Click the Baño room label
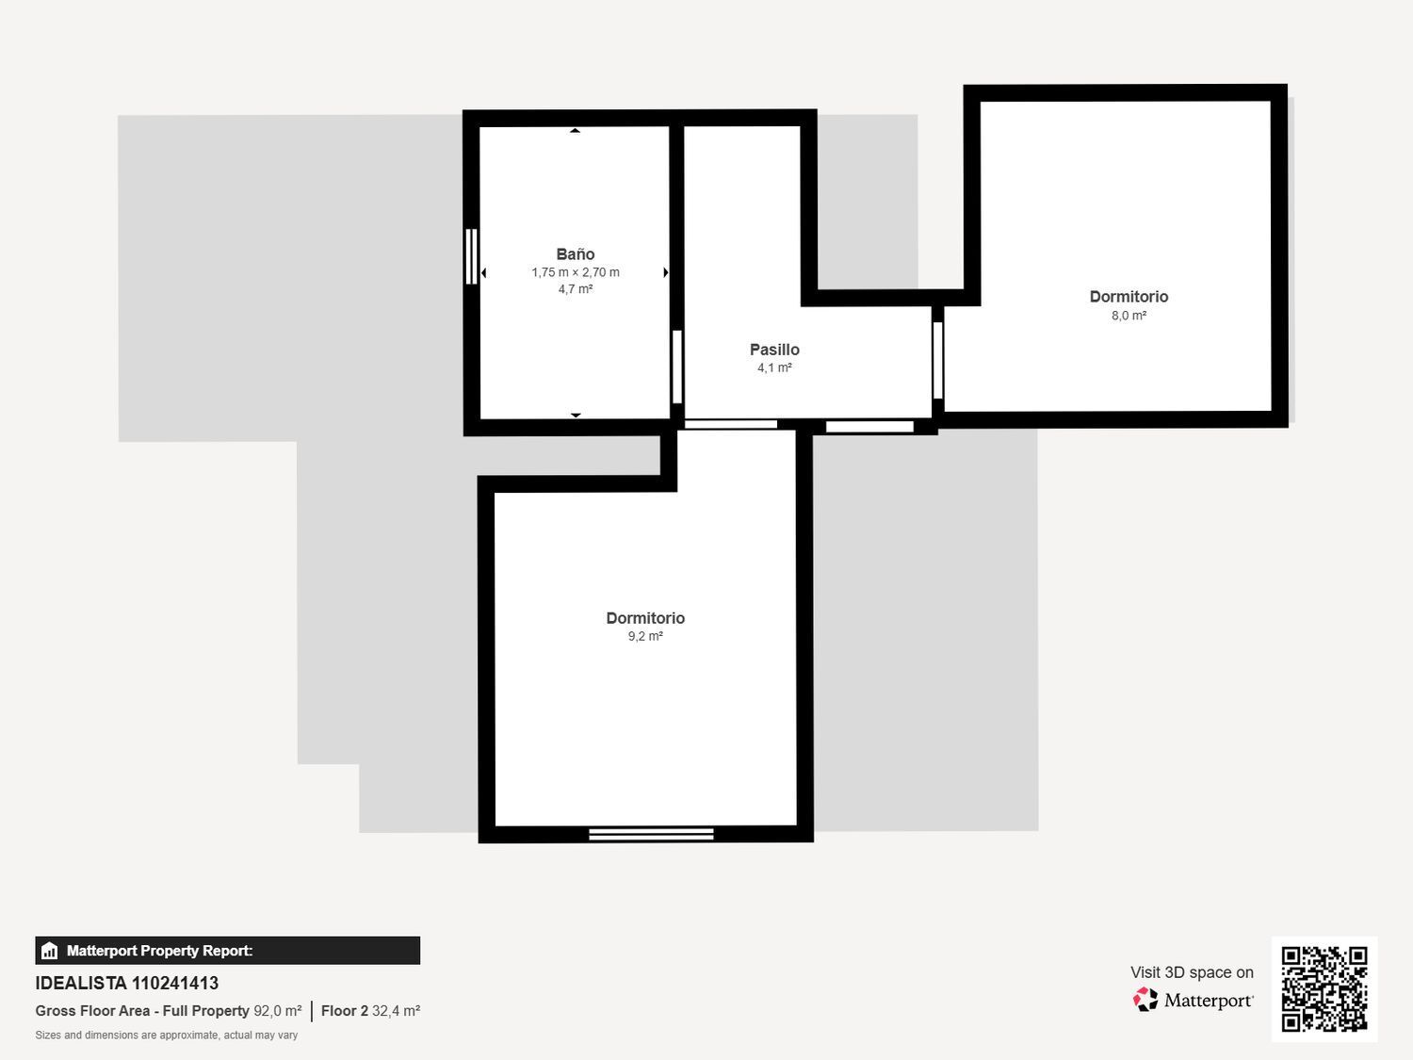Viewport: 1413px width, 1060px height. pyautogui.click(x=575, y=254)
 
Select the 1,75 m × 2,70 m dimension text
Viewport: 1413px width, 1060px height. pyautogui.click(x=575, y=272)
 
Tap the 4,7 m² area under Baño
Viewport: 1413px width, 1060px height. pyautogui.click(x=575, y=289)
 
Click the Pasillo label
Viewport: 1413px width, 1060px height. pyautogui.click(x=774, y=350)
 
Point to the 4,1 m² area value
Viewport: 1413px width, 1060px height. pyautogui.click(x=774, y=367)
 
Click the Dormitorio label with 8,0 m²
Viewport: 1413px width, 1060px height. pyautogui.click(x=1129, y=297)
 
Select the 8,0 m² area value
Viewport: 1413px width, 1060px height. pyautogui.click(x=1129, y=316)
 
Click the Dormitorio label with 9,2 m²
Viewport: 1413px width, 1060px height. pyautogui.click(x=645, y=618)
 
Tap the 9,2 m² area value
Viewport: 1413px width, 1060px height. pyautogui.click(x=645, y=636)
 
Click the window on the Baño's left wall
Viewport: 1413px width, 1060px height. pyautogui.click(x=472, y=256)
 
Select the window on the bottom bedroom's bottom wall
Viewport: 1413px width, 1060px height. pyautogui.click(x=651, y=834)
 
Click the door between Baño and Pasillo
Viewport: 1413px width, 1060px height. pyautogui.click(x=676, y=367)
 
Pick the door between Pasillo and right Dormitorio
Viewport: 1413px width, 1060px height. pyautogui.click(x=937, y=360)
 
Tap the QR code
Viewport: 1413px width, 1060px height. pyautogui.click(x=1324, y=988)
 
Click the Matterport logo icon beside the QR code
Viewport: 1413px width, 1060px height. pyautogui.click(x=1145, y=1000)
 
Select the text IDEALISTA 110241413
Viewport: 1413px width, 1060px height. pyautogui.click(x=127, y=983)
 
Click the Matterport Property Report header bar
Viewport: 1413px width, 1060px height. pyautogui.click(x=227, y=951)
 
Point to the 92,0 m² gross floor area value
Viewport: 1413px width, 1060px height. pyautogui.click(x=277, y=1011)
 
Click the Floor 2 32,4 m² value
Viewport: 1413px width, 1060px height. pyautogui.click(x=370, y=1011)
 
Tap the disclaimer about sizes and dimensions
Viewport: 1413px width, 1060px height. pyautogui.click(x=167, y=1035)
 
